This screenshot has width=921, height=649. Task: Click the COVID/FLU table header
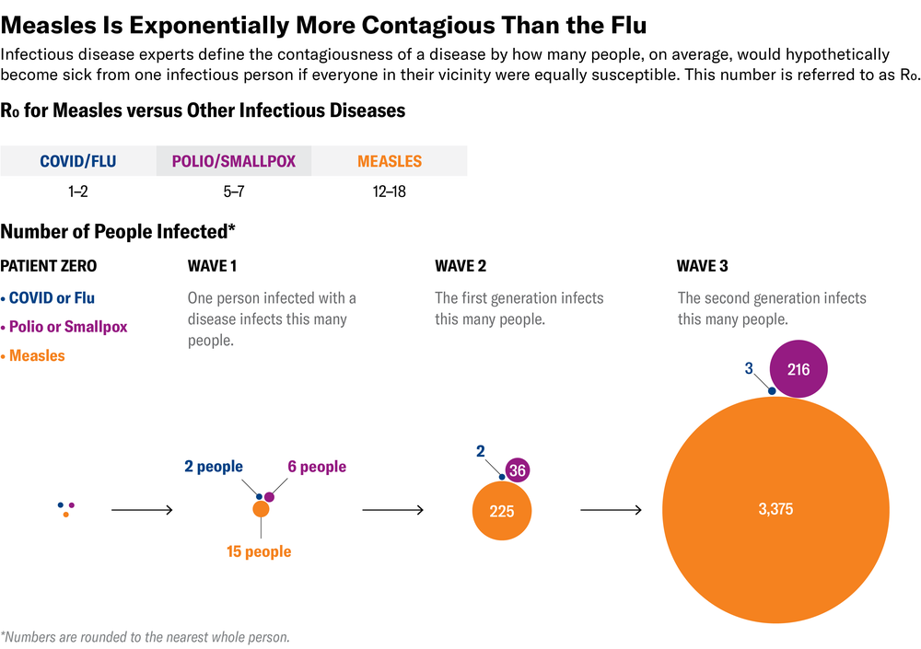pyautogui.click(x=77, y=161)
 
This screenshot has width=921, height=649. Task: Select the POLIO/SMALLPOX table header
pyautogui.click(x=234, y=161)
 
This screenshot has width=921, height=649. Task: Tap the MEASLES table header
pyautogui.click(x=389, y=161)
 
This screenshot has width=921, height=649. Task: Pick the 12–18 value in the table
pyautogui.click(x=389, y=192)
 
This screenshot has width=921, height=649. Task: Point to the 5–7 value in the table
pyautogui.click(x=234, y=192)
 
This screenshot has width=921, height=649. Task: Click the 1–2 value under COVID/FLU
pyautogui.click(x=77, y=192)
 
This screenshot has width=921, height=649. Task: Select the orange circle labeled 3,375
pyautogui.click(x=775, y=509)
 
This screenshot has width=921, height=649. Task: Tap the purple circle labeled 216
pyautogui.click(x=799, y=369)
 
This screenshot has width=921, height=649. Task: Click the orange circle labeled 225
pyautogui.click(x=502, y=511)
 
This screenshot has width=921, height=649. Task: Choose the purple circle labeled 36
pyautogui.click(x=518, y=470)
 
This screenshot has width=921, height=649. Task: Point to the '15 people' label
pyautogui.click(x=259, y=552)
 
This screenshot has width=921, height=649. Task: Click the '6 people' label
pyautogui.click(x=317, y=467)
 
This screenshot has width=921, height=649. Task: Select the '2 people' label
pyautogui.click(x=214, y=467)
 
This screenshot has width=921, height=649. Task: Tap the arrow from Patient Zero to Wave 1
pyautogui.click(x=142, y=509)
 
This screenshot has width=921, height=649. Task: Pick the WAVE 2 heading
pyautogui.click(x=460, y=266)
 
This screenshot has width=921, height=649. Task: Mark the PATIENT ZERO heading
pyautogui.click(x=48, y=266)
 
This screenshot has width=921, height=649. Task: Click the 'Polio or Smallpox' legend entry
pyautogui.click(x=68, y=327)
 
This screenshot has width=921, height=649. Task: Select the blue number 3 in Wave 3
pyautogui.click(x=749, y=368)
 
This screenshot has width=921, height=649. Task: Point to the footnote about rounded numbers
pyautogui.click(x=146, y=636)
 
